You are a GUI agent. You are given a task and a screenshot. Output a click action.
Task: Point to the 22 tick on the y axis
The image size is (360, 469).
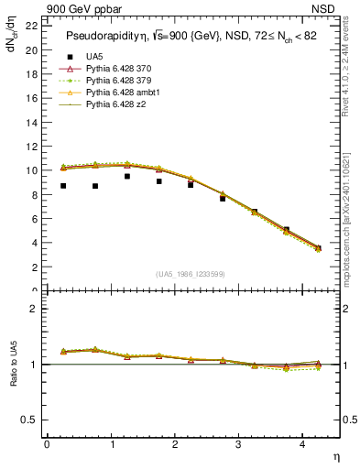point(32,25)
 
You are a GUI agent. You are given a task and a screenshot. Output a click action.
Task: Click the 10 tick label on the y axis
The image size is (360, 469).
point(32,170)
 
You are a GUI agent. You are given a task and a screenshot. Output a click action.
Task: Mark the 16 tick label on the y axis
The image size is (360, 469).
point(32,98)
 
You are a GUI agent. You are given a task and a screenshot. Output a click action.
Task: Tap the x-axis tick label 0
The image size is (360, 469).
point(47,445)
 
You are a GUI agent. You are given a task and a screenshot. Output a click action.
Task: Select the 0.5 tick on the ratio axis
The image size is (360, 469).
point(32,420)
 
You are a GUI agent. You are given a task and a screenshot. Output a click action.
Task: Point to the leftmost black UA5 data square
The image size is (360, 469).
point(63,186)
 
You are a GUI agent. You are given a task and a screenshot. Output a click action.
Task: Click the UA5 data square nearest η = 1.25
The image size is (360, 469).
point(127,176)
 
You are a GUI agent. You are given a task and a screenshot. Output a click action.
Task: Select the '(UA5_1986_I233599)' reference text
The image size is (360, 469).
point(192,275)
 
